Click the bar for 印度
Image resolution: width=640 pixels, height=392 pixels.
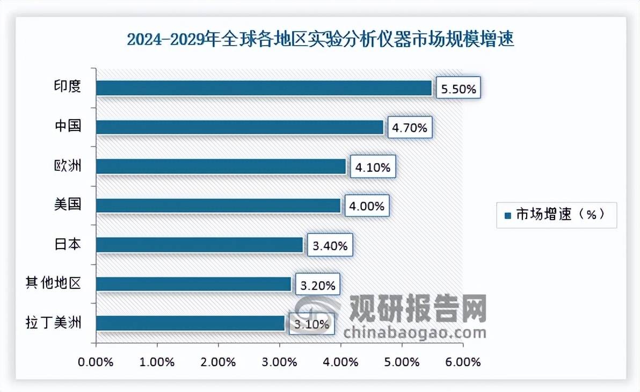(264, 88)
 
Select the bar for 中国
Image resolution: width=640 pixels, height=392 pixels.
(239, 127)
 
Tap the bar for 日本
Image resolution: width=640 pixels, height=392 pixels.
(200, 245)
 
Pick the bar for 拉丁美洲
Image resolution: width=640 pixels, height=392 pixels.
(191, 323)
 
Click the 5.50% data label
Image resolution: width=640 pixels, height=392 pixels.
(458, 89)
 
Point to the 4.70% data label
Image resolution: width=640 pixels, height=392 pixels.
(409, 128)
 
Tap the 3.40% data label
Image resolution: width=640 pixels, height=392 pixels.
(329, 246)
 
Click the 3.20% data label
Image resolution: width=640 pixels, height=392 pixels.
(317, 285)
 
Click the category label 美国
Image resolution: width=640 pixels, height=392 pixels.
(68, 205)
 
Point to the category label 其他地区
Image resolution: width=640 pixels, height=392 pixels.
(54, 283)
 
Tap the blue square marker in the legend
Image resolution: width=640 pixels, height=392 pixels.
(507, 215)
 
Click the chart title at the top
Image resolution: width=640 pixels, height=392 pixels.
(320, 40)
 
